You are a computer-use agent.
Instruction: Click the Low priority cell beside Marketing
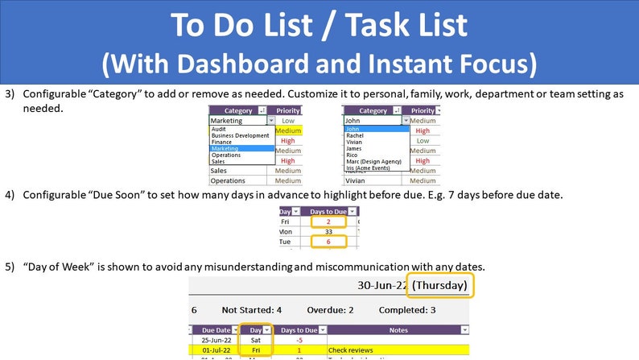pos(288,120)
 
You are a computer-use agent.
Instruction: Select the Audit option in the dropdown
pos(219,129)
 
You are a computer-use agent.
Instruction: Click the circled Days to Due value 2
pos(328,221)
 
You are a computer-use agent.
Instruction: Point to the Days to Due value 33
pos(328,231)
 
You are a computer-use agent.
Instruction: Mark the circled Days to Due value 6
pos(328,242)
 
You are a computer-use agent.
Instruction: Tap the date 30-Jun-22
pos(380,284)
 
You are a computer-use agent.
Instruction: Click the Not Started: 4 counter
pos(251,310)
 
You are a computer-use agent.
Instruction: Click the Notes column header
pos(398,329)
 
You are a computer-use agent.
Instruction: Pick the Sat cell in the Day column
pos(256,340)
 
